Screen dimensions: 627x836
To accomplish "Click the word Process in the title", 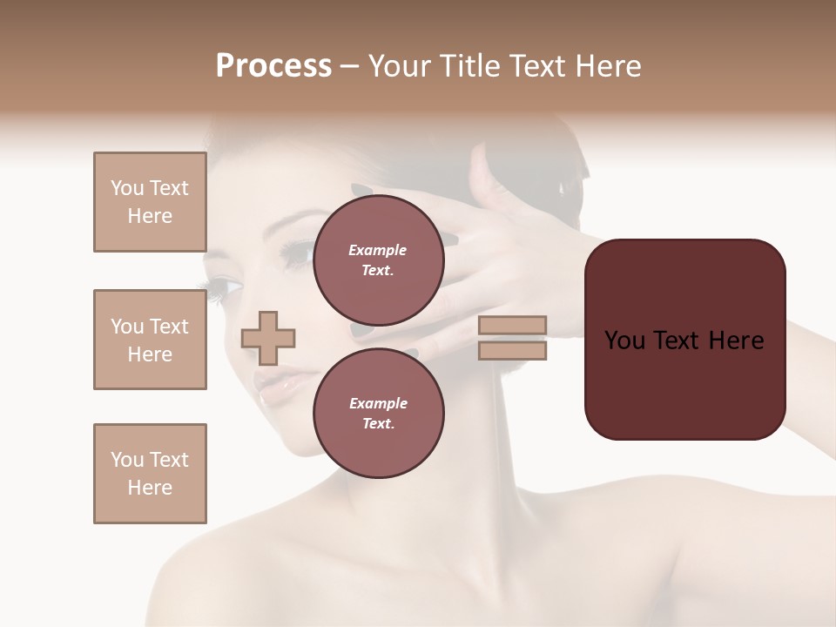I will pos(273,66).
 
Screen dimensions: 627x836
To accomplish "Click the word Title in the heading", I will pos(469,66).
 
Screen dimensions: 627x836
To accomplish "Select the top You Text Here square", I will pos(150,202).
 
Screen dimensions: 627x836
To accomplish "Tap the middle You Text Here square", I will pos(150,340).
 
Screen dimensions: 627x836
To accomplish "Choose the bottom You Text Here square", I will pos(150,474).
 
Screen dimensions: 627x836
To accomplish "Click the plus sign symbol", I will pos(268,338).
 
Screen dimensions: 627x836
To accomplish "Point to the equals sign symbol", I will pos(512,338).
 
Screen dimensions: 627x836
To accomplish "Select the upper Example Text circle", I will pos(378,260).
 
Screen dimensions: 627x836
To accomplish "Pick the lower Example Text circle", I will pos(378,413).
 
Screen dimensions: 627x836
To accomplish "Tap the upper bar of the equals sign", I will pos(512,326).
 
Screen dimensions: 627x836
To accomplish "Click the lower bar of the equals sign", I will pos(512,351).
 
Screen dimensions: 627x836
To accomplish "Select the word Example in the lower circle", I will pos(378,403).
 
